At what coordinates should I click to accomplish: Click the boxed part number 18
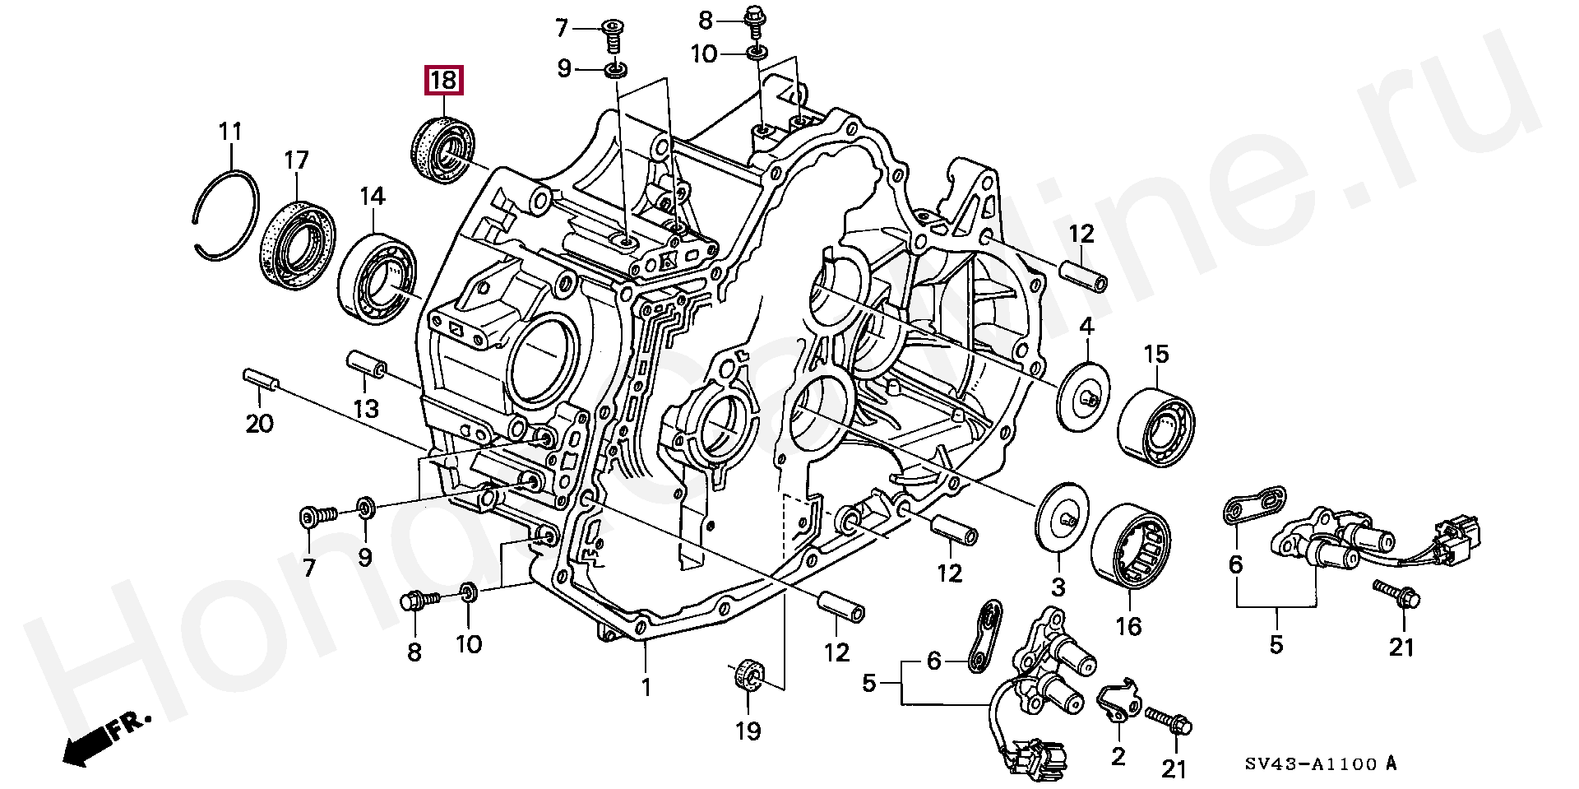point(443,81)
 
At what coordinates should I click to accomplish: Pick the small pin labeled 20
point(262,382)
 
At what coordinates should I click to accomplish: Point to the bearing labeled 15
point(1156,424)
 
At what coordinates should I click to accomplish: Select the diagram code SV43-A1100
point(1310,764)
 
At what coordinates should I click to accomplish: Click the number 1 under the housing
point(646,686)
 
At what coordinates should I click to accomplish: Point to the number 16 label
point(1128,627)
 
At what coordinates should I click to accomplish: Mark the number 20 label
point(259,425)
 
